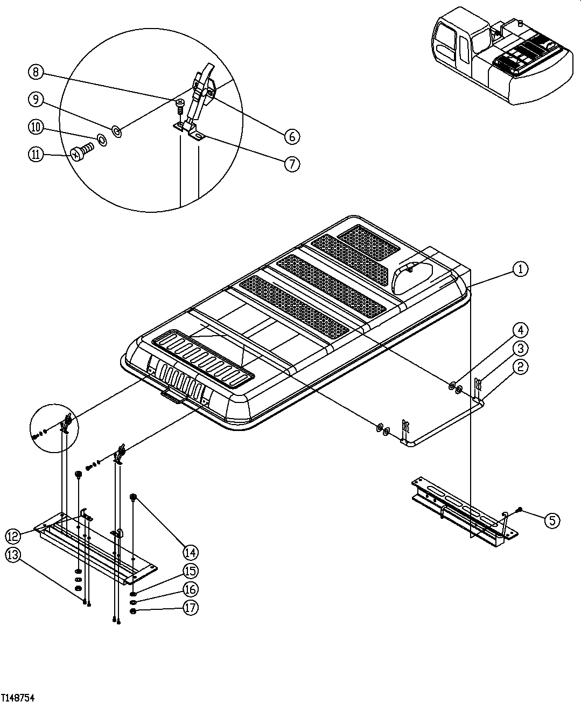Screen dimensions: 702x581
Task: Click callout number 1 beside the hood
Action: [x=520, y=269]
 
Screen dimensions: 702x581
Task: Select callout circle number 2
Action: [x=520, y=367]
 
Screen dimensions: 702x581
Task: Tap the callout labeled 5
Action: [x=551, y=520]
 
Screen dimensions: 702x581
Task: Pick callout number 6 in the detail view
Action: [x=291, y=136]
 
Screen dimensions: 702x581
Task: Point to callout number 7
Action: [x=291, y=163]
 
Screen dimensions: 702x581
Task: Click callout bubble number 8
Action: [x=36, y=72]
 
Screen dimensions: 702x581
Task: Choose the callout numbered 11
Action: [x=36, y=154]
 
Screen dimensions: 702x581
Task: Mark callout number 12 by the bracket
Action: [x=14, y=536]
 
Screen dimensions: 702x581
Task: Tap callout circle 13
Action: [x=14, y=556]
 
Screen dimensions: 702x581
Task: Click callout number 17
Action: [x=190, y=608]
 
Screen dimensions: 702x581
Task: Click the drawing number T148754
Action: [x=18, y=697]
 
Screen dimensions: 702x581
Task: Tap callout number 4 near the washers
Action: [x=520, y=330]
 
